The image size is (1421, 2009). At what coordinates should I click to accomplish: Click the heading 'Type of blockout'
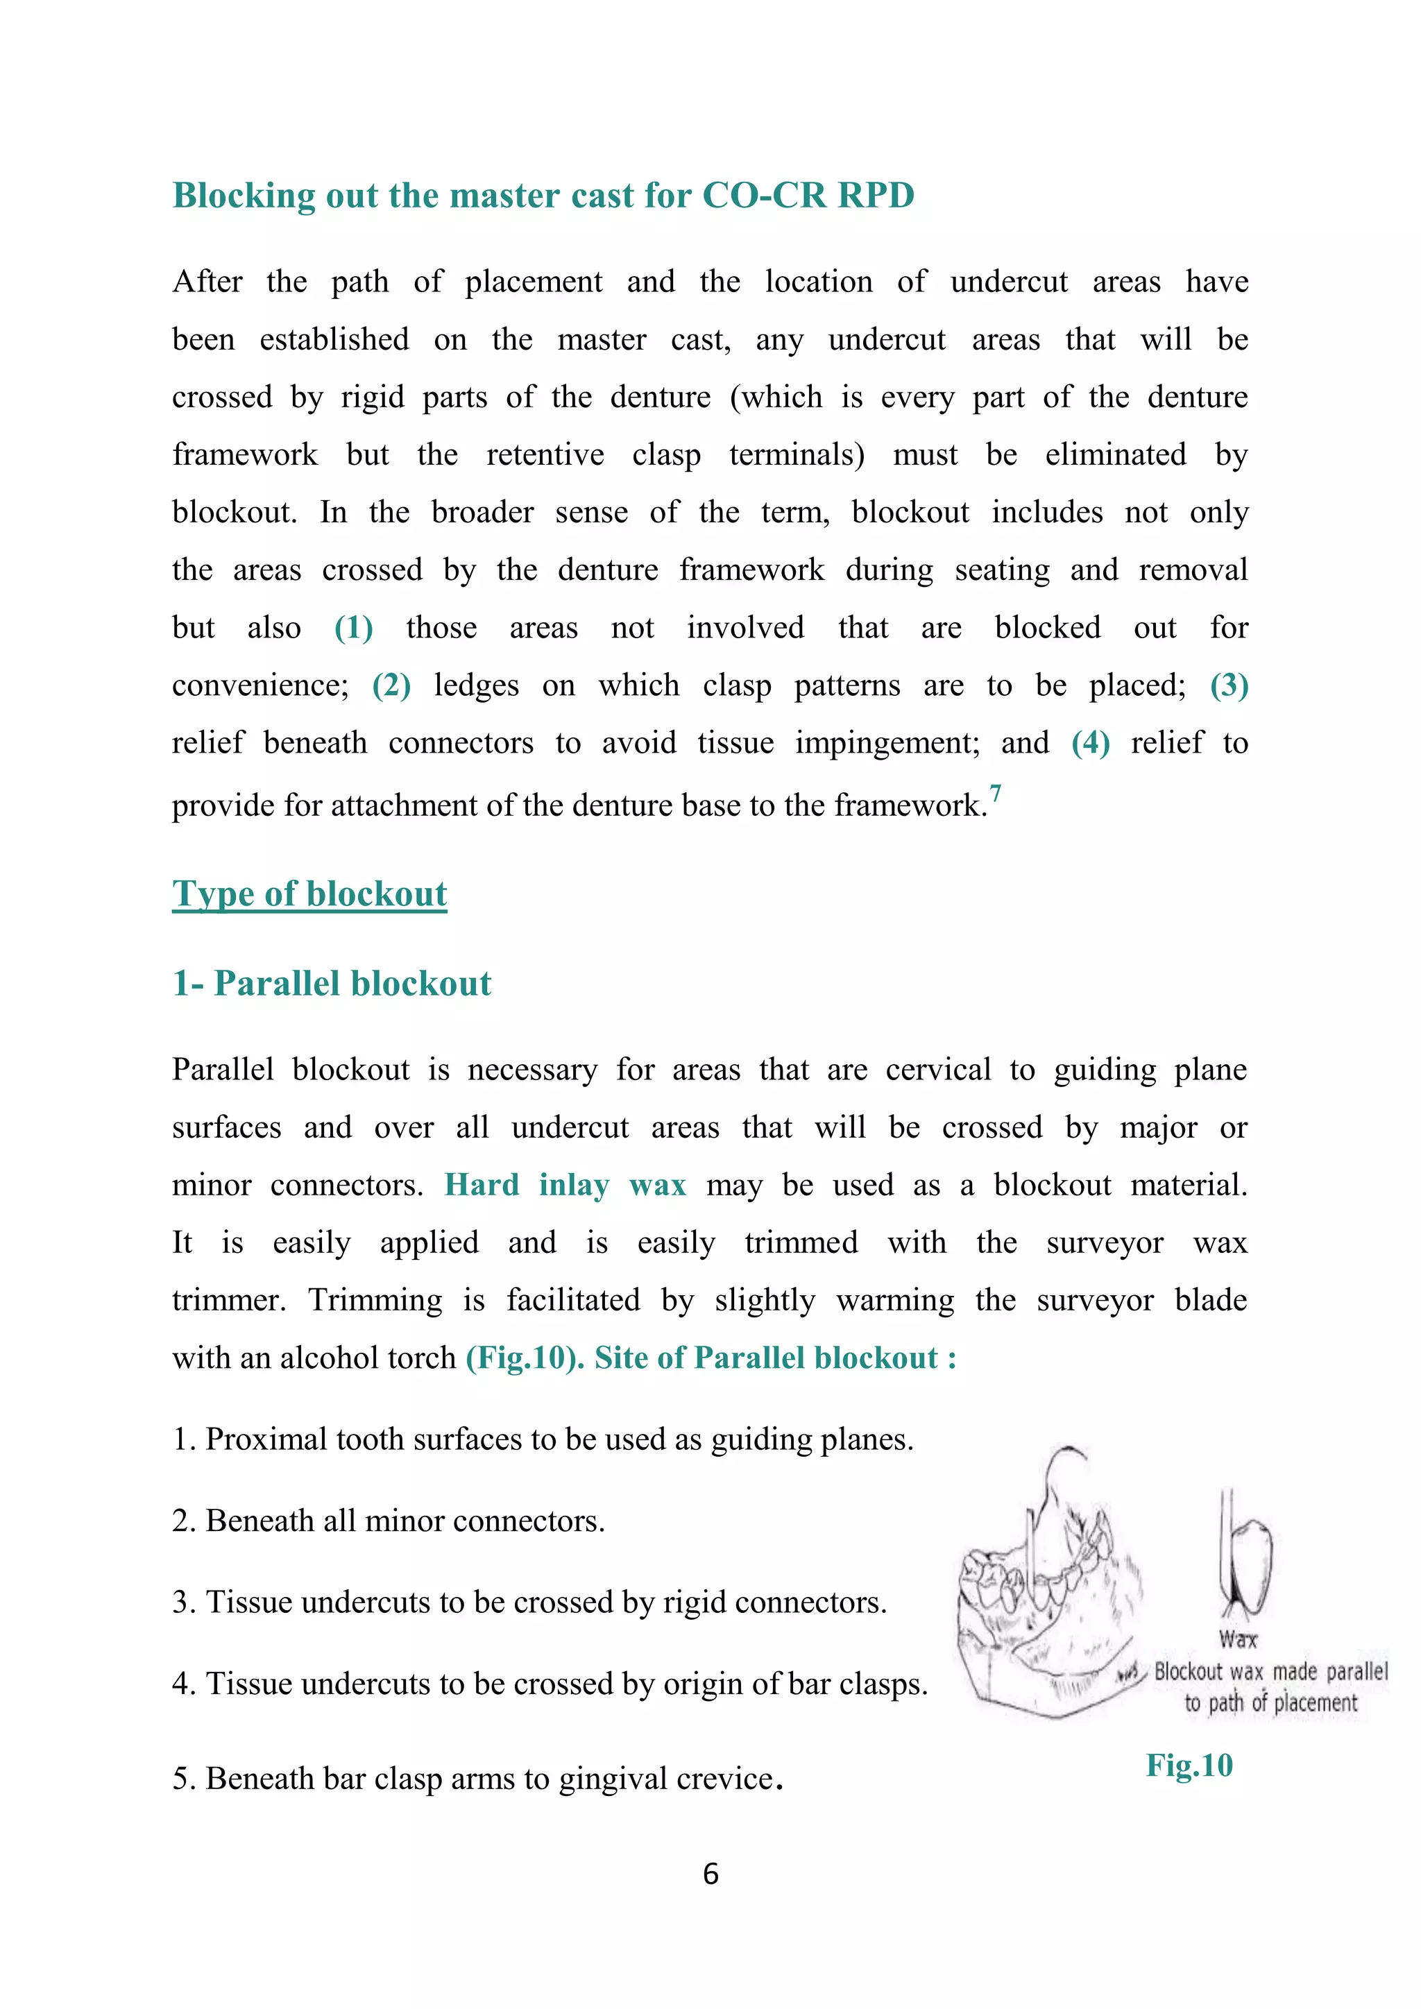pos(309,894)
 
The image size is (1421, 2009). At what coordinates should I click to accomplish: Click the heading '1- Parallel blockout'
pos(332,984)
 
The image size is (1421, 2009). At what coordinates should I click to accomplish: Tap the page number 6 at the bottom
pos(710,1873)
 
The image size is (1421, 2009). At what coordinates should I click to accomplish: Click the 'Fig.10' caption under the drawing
pos(1189,1765)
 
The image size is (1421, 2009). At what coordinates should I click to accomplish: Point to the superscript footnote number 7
pos(995,793)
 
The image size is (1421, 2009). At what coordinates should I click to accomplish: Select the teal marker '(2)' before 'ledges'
pos(391,685)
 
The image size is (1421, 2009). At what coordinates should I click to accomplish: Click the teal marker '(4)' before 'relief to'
pos(1090,743)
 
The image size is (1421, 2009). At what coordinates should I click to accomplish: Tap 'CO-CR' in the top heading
pos(764,195)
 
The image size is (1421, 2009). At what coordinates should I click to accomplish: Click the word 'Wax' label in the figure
pos(1237,1639)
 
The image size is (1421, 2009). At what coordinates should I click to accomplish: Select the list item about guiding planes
pos(543,1439)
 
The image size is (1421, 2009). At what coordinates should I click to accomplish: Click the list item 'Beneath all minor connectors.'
pos(389,1521)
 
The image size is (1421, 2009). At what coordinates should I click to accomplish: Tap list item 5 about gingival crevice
pos(477,1779)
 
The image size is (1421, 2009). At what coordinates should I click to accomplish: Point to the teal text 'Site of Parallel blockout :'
pos(775,1358)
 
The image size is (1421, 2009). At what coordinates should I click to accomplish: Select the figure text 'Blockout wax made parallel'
pos(1270,1671)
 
